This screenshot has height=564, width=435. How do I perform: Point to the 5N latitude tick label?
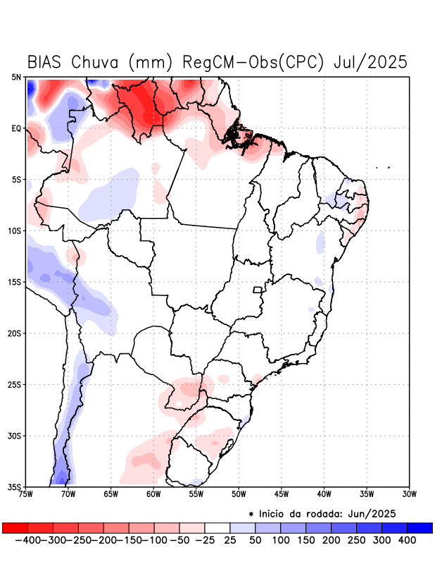pyautogui.click(x=15, y=77)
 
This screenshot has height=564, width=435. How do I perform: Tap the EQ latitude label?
pyautogui.click(x=15, y=128)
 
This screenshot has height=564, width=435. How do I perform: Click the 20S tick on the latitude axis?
pyautogui.click(x=14, y=333)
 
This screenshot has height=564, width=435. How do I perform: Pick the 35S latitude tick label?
pyautogui.click(x=14, y=487)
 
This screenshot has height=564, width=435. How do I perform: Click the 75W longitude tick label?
pyautogui.click(x=25, y=494)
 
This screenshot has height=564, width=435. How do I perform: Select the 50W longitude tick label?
pyautogui.click(x=239, y=494)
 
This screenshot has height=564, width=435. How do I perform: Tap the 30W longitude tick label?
pyautogui.click(x=410, y=494)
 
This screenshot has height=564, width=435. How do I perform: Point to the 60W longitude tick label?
pyautogui.click(x=153, y=494)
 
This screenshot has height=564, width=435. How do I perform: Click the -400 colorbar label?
pyautogui.click(x=28, y=540)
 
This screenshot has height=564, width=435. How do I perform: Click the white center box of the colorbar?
pyautogui.click(x=217, y=527)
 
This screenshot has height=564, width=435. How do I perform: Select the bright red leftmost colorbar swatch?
pyautogui.click(x=15, y=527)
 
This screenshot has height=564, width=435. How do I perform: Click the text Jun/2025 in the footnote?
pyautogui.click(x=373, y=513)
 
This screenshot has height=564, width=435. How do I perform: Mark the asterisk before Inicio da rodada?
pyautogui.click(x=251, y=513)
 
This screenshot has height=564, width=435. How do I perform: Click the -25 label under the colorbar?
pyautogui.click(x=204, y=540)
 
